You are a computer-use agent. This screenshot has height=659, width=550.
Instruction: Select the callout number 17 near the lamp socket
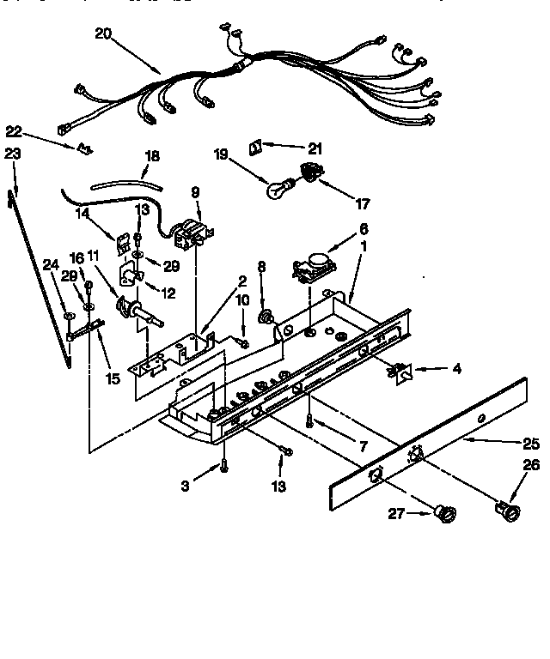(363, 204)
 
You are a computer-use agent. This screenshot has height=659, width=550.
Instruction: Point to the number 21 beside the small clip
(315, 148)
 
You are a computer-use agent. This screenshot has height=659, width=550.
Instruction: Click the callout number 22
(14, 131)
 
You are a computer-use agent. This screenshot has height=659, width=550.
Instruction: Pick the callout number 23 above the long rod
(12, 153)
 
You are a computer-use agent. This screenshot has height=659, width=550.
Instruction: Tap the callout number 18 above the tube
(151, 156)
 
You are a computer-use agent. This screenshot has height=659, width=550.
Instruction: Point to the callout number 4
(457, 370)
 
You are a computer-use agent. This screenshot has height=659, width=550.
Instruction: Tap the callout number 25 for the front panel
(531, 444)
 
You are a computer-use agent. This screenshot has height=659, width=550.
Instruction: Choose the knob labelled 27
(445, 513)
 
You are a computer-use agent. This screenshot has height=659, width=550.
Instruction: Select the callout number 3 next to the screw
(184, 487)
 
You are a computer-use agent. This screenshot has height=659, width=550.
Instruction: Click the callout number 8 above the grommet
(262, 266)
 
